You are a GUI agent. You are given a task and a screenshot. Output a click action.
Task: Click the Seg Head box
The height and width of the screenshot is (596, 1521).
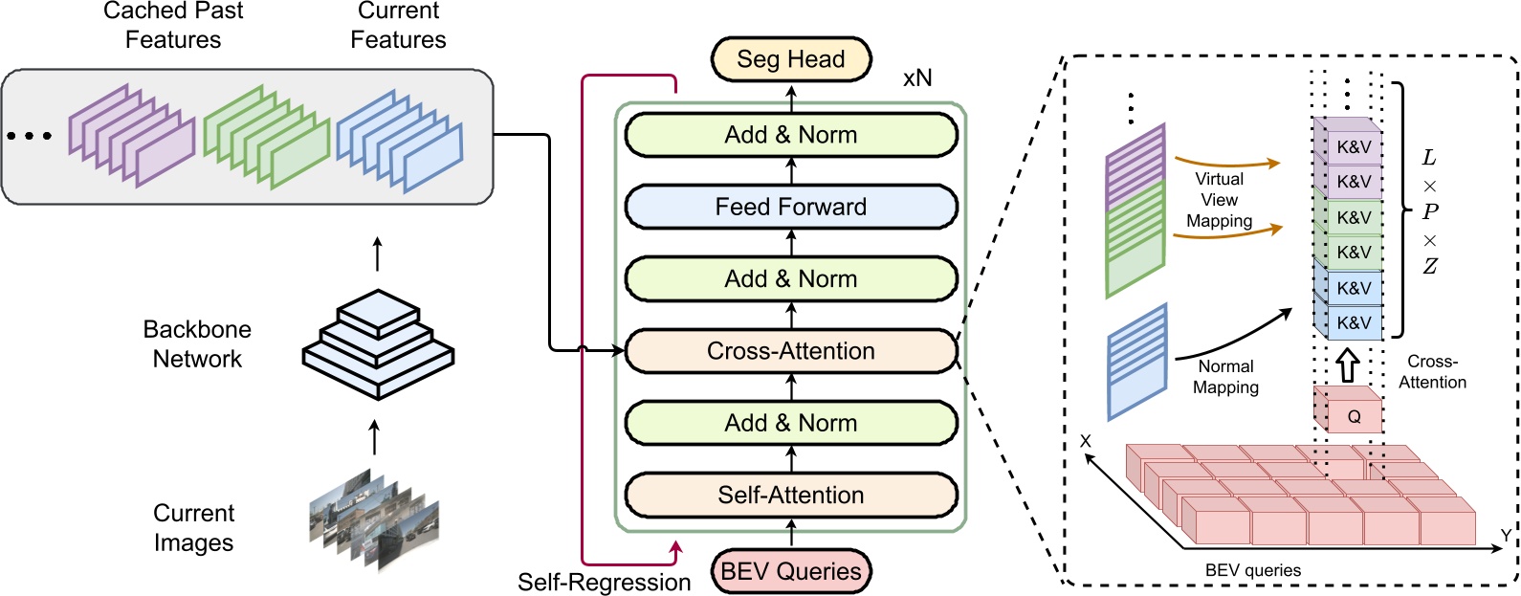point(790,59)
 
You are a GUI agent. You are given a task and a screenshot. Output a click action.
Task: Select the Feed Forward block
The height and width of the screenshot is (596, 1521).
point(790,207)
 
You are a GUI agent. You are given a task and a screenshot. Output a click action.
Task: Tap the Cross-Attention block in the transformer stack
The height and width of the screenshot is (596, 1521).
point(790,351)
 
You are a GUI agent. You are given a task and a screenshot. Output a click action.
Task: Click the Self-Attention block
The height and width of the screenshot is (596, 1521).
point(790,495)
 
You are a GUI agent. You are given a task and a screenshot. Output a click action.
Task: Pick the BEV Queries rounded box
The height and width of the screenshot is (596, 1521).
point(790,571)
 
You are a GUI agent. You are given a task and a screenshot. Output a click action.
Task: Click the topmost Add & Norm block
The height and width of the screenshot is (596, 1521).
point(790,135)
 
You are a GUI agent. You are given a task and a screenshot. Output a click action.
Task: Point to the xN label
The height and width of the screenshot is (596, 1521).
point(916,78)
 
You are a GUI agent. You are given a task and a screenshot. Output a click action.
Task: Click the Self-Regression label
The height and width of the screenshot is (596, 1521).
point(604,582)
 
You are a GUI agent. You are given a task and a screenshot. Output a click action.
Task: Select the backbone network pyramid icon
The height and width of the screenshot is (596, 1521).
point(378,344)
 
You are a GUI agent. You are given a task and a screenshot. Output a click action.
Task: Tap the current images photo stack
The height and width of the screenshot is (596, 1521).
point(374,519)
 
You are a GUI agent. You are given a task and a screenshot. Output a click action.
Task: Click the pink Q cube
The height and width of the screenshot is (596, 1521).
point(1350,414)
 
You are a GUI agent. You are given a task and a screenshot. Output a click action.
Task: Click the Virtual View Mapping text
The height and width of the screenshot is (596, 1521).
point(1219,200)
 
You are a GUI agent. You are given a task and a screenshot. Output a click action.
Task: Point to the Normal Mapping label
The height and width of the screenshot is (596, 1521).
point(1225,377)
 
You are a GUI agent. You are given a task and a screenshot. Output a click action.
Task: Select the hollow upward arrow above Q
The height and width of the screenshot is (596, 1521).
point(1347,364)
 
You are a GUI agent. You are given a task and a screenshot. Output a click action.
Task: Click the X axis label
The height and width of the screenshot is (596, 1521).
point(1085,441)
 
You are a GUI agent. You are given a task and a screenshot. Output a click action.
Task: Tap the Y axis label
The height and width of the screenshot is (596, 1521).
point(1505,535)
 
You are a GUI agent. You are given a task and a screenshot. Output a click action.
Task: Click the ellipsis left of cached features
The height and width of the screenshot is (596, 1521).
point(30,136)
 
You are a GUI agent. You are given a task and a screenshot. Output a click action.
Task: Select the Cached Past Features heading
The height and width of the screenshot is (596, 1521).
point(173,25)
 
